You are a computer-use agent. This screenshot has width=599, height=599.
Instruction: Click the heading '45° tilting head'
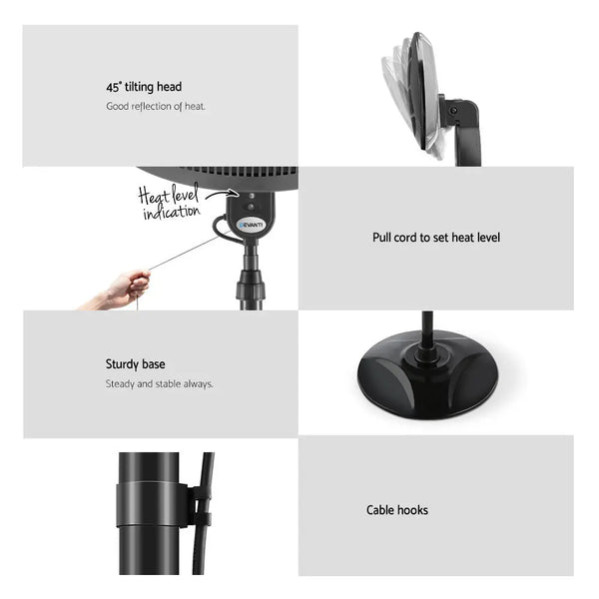click(144, 87)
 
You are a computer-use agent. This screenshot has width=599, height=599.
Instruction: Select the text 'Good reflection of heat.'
click(156, 106)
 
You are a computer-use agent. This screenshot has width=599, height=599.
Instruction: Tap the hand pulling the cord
click(126, 290)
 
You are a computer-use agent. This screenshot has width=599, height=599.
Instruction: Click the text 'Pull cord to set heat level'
click(436, 238)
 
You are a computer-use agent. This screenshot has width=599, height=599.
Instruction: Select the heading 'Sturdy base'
click(136, 364)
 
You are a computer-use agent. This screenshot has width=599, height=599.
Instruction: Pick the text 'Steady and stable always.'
click(160, 383)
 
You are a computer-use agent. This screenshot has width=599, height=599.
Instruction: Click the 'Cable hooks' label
click(397, 510)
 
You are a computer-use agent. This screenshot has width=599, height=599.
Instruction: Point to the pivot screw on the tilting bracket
click(455, 111)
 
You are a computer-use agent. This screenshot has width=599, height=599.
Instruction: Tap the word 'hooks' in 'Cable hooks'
click(412, 510)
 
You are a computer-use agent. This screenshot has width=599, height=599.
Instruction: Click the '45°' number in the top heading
click(114, 87)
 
